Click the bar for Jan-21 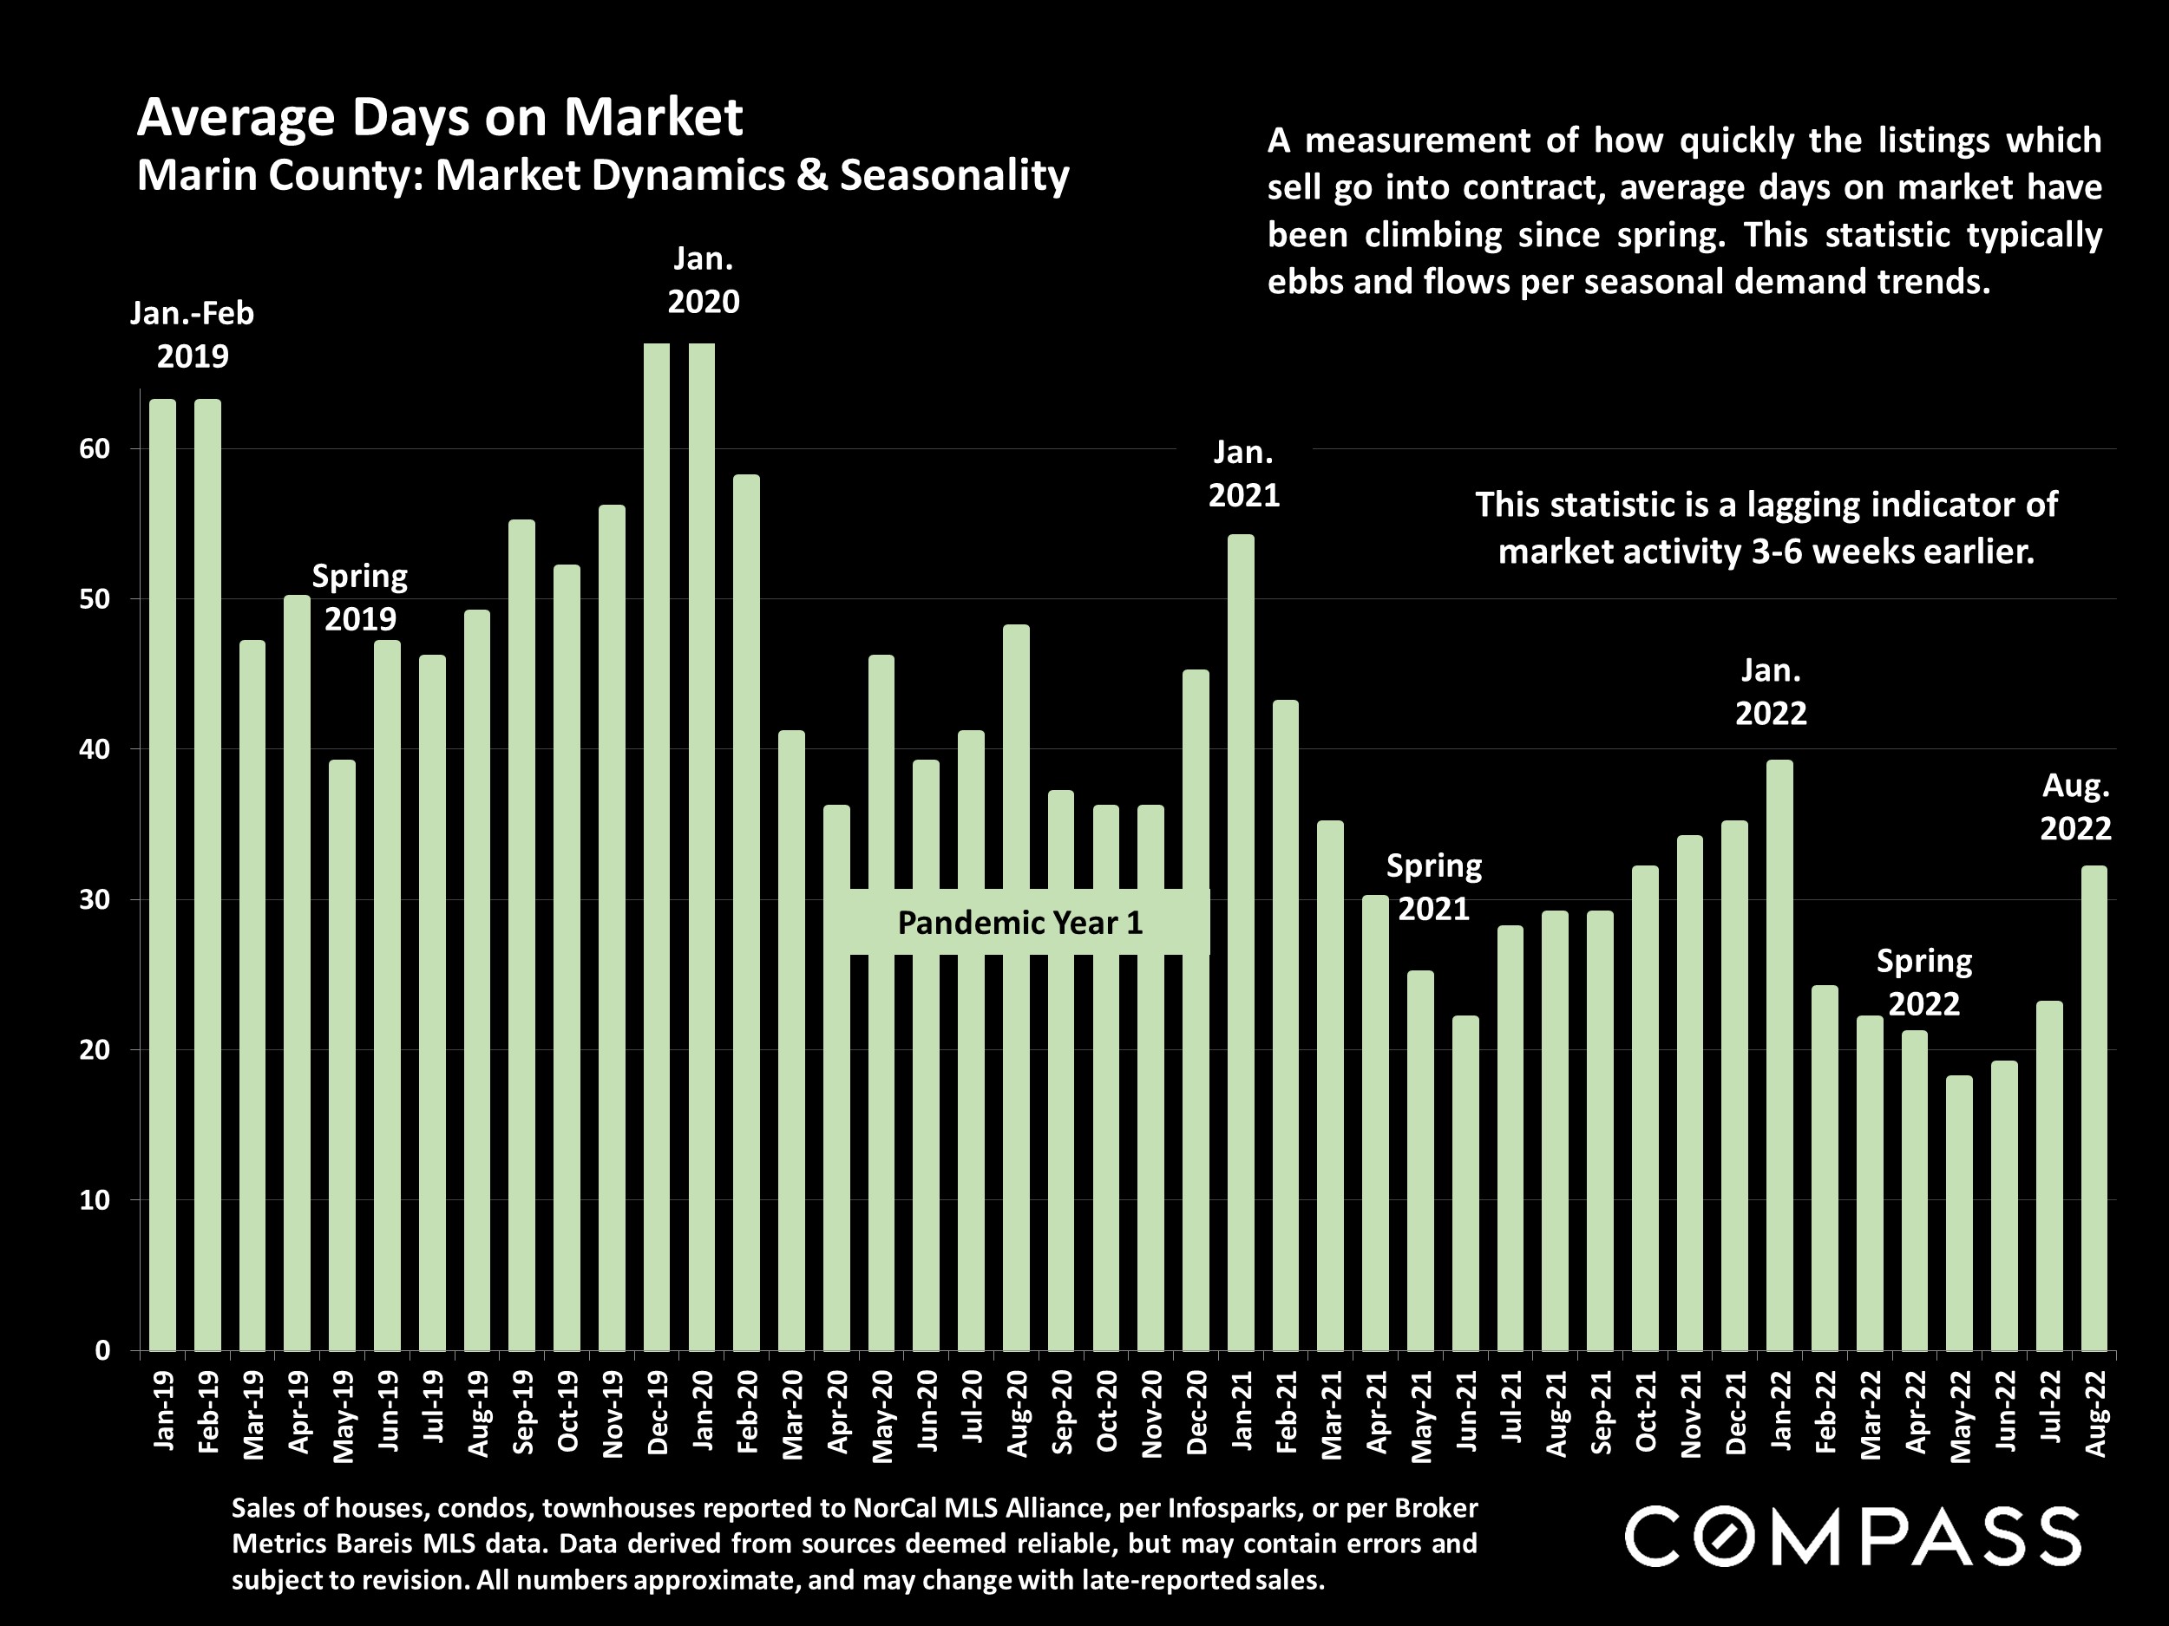[1241, 941]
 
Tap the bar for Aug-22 [2094, 1107]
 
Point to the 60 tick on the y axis [95, 449]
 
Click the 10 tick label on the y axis [95, 1199]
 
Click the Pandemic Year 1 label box [1019, 923]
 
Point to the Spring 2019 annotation [360, 597]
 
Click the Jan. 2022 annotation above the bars [1770, 692]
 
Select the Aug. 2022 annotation [2075, 806]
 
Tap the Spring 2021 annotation [1432, 887]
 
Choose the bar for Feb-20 [746, 911]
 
